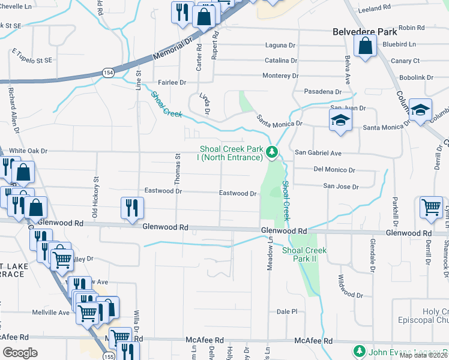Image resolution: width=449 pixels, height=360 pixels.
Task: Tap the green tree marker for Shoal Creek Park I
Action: coord(272,153)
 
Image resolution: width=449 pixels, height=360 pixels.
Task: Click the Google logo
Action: coord(20,353)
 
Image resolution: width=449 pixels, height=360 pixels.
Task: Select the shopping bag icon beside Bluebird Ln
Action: coord(365,46)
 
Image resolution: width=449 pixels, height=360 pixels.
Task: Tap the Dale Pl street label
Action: coord(287,311)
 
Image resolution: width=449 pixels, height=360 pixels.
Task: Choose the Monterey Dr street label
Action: coord(280,76)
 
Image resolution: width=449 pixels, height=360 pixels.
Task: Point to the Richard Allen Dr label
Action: coord(13,110)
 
